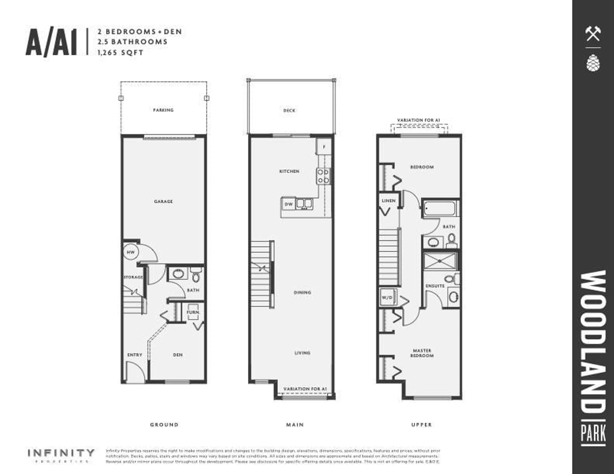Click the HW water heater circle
130,252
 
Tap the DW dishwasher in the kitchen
288,204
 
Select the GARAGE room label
163,201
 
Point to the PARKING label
163,110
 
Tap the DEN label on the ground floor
178,355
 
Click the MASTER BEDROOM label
422,353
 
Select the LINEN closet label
389,201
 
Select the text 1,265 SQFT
120,53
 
